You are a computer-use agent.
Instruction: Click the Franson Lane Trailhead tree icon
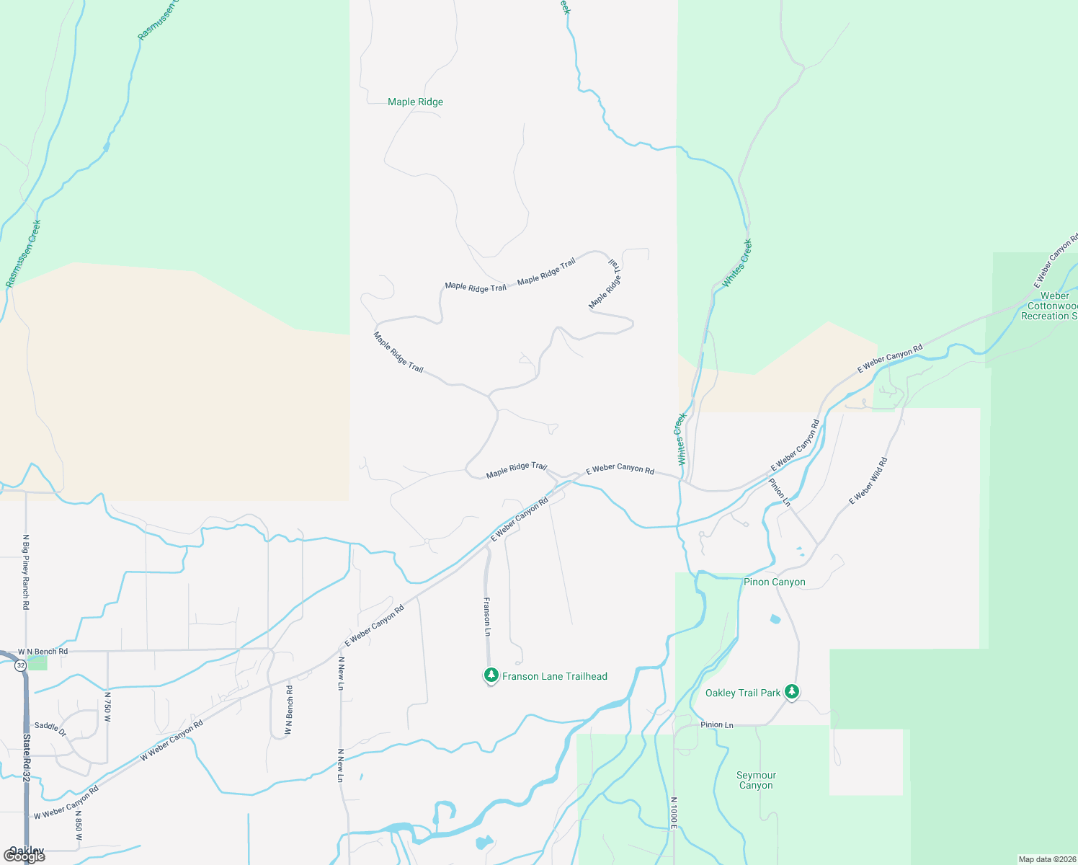[491, 675]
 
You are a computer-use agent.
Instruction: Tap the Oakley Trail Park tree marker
[792, 692]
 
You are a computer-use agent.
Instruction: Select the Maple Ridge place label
[415, 102]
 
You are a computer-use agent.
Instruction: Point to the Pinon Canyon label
[775, 582]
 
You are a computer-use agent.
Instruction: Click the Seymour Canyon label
[756, 780]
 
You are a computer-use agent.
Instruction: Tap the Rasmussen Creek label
[24, 253]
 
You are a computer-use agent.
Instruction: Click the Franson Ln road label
[487, 616]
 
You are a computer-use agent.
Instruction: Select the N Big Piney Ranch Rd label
[26, 572]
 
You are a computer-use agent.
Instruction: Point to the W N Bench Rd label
[43, 652]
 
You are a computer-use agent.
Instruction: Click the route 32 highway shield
[20, 665]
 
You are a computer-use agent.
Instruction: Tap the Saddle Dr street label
[50, 729]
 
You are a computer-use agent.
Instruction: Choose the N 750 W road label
[107, 707]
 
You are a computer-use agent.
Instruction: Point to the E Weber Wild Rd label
[868, 481]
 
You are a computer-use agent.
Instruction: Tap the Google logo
[24, 856]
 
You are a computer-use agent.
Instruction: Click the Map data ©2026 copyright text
[1046, 859]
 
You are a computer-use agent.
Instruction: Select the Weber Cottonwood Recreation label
[1052, 306]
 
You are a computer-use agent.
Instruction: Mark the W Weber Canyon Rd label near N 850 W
[66, 802]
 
